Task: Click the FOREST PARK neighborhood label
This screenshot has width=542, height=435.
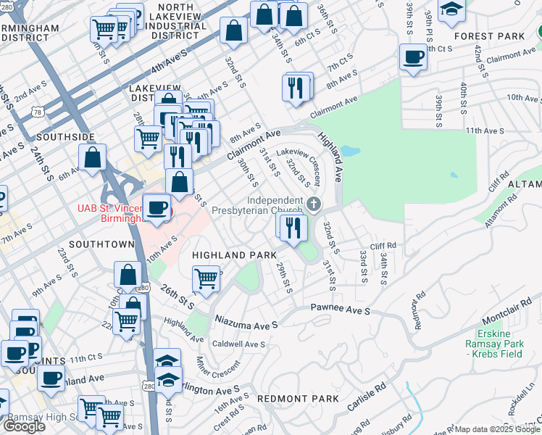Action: coord(484,36)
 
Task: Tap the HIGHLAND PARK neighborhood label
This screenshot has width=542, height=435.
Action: coord(234,255)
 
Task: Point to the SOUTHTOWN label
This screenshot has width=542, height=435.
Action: coord(101,244)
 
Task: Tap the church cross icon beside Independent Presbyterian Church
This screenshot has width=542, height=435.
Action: coord(313,203)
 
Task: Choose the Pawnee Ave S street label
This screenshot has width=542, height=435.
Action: coord(341,310)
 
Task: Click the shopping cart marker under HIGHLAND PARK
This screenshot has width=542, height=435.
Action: coord(207,278)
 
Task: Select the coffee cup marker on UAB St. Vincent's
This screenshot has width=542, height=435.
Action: coord(157,207)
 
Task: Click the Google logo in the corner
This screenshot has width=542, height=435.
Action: coord(24,426)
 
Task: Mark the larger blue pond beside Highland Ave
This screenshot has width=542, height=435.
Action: coord(349,152)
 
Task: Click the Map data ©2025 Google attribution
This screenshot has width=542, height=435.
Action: coord(497,429)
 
